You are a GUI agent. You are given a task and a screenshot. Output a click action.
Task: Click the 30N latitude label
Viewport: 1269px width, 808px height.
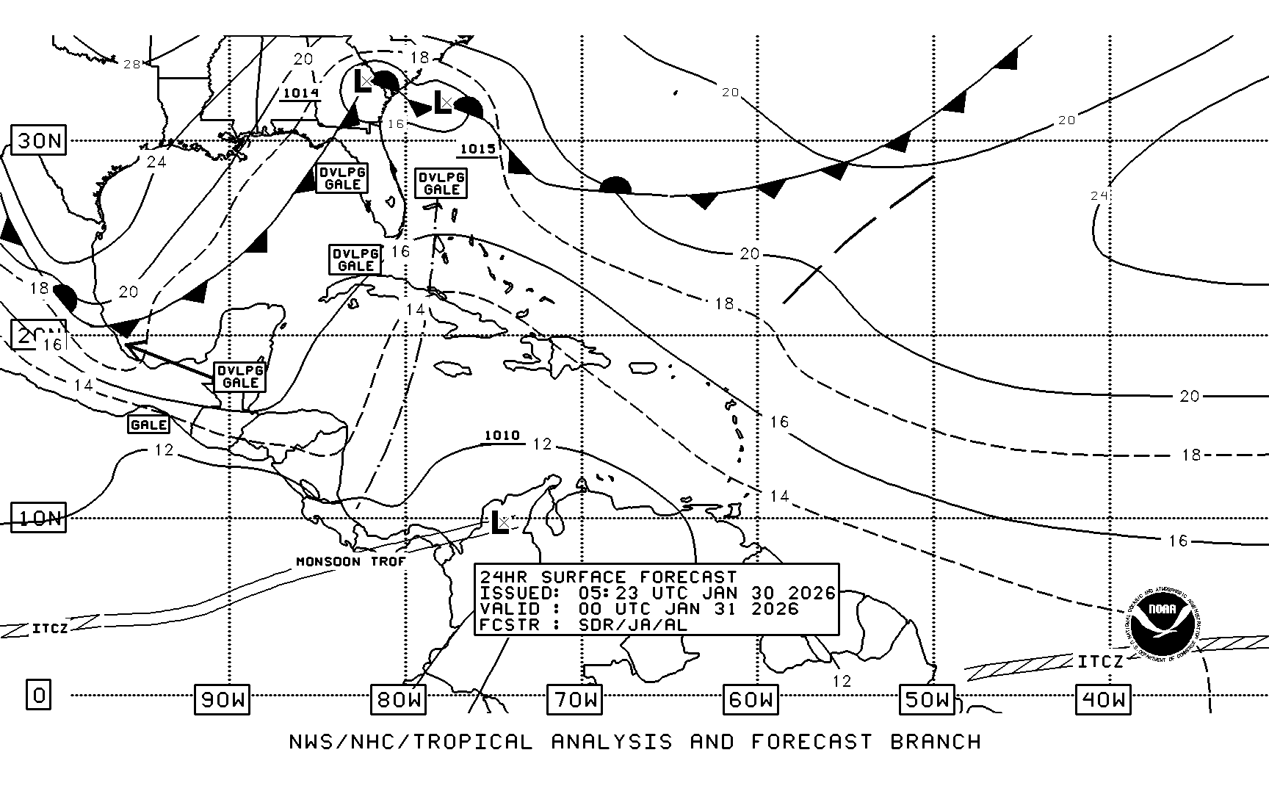coord(39,140)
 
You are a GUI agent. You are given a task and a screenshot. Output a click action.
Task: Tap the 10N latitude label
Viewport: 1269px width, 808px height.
coord(39,519)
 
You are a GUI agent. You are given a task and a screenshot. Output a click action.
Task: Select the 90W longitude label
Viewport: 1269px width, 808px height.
coord(222,699)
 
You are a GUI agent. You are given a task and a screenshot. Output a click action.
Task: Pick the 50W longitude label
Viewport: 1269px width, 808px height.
coord(927,699)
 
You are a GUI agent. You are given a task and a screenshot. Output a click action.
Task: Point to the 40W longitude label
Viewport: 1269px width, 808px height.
coord(1103,699)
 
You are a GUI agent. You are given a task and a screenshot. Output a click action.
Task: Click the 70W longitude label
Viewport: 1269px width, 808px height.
coord(574,699)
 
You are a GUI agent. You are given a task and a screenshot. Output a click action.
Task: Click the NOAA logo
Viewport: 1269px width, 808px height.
coord(1162,621)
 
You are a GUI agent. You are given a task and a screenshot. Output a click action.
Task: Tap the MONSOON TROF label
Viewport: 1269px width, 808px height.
coord(351,562)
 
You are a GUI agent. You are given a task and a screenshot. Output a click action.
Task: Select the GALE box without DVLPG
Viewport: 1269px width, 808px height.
coord(148,425)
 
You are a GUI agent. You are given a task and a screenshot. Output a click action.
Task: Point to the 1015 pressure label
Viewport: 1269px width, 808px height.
coord(477,149)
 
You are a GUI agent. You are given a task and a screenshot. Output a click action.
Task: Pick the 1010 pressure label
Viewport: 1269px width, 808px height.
coord(502,436)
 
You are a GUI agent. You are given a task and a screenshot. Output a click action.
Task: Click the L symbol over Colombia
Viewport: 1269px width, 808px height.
coord(499,522)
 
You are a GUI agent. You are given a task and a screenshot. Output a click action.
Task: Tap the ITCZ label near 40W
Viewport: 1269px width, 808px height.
coord(1100,662)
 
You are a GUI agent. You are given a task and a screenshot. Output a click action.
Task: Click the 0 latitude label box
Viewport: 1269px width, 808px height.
coord(39,694)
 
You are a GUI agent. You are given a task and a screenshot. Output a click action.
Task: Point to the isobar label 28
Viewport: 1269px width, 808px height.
coord(132,65)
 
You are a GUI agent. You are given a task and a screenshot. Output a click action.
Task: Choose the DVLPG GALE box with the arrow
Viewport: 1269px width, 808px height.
coord(240,377)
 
